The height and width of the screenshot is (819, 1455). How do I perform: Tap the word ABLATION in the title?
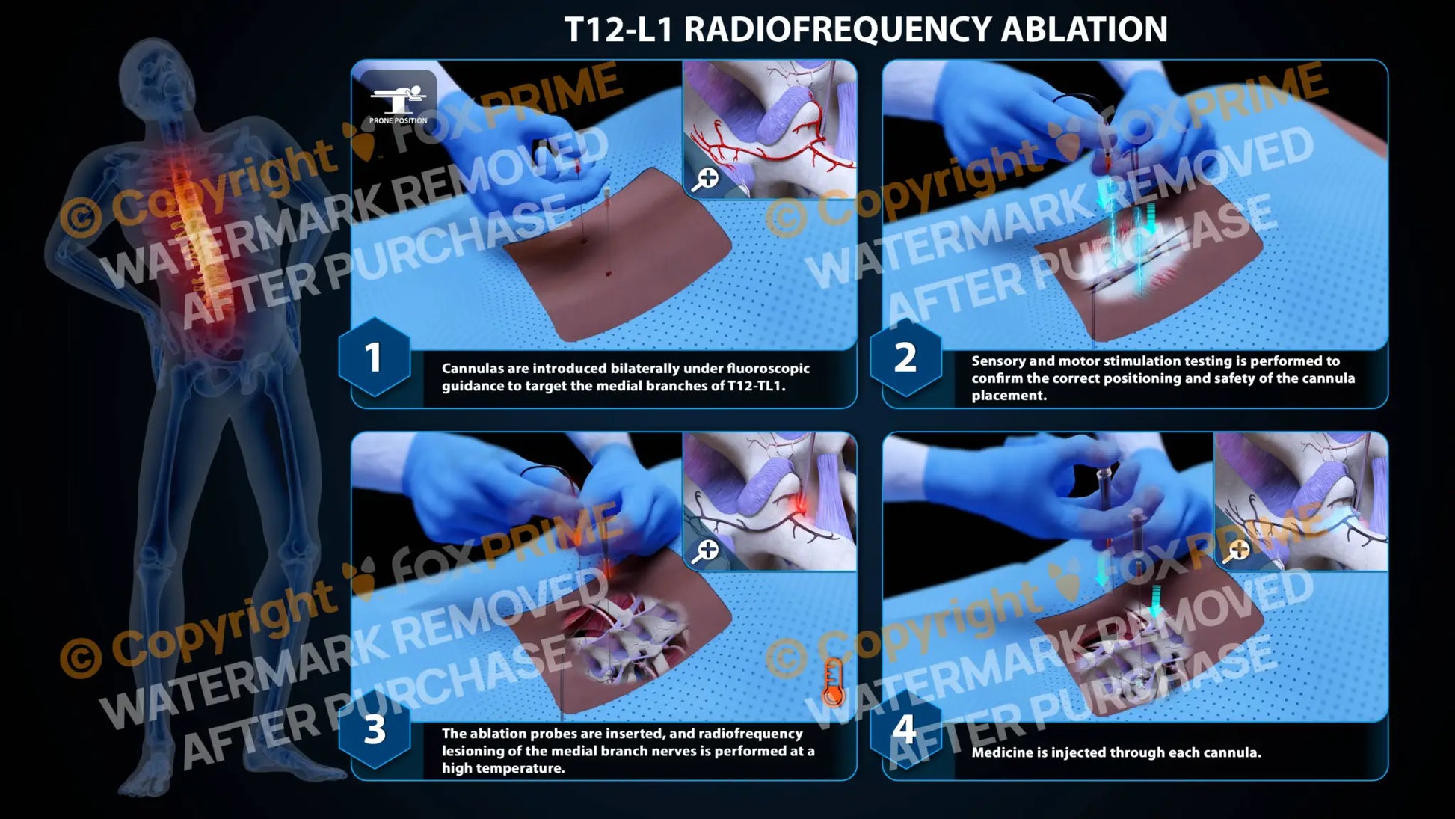point(1083,30)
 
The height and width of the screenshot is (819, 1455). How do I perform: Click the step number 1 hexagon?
point(374,357)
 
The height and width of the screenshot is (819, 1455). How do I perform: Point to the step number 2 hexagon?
point(905,357)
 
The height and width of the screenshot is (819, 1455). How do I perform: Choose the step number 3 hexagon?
point(374,729)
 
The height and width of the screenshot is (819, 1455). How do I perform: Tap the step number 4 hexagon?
point(905,729)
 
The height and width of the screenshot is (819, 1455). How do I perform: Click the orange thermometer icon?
point(832,681)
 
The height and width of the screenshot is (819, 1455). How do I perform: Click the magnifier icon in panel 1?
point(705,179)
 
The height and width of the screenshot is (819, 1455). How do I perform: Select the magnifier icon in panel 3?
point(705,551)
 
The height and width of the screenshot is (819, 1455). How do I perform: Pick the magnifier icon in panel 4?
point(1237,551)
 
